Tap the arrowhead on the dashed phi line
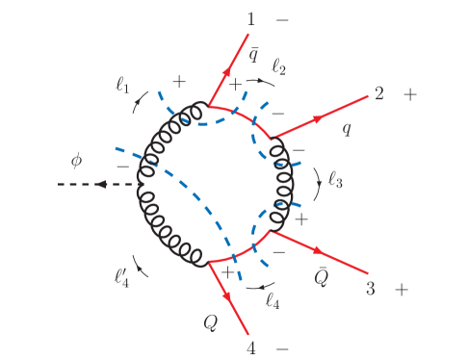99,185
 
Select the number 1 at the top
252,18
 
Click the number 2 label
379,94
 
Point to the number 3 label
370,288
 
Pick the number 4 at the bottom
253,345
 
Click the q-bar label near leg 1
251,55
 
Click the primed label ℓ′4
120,279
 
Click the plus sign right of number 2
411,94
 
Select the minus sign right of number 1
281,18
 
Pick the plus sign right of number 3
402,288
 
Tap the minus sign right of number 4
282,345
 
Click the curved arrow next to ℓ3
319,179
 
